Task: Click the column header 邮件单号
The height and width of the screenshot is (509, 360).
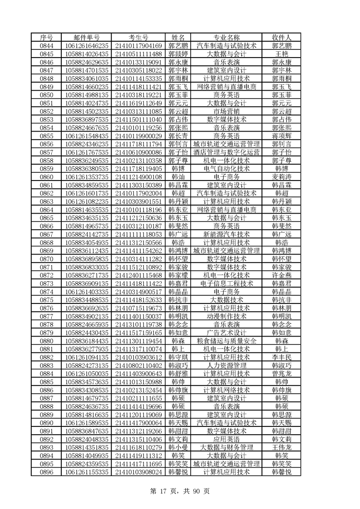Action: click(87, 37)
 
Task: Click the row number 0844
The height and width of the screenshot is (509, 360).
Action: click(47, 45)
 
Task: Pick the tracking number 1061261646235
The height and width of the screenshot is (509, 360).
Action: click(87, 45)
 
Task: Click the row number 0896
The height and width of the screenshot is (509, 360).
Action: click(47, 472)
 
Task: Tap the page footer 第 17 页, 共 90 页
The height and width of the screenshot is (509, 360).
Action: click(180, 491)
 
